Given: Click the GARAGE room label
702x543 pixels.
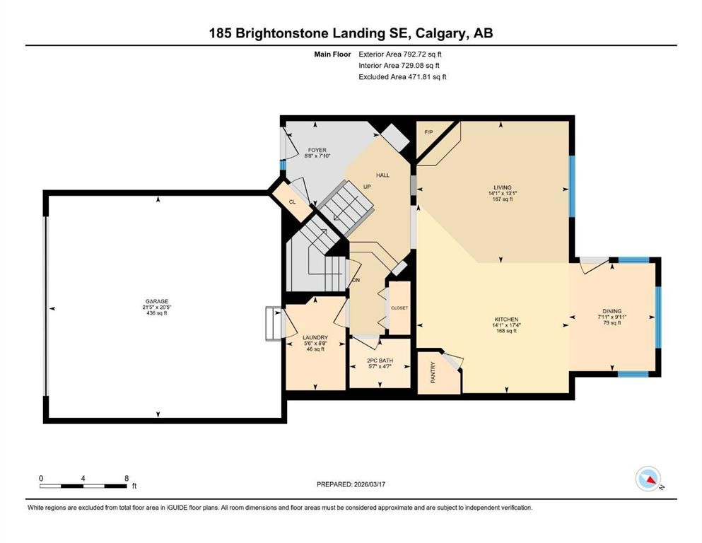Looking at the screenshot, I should [156, 301].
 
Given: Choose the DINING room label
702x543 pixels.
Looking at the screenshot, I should [612, 311].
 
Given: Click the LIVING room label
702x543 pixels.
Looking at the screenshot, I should [503, 187].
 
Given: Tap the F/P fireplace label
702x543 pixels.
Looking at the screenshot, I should [428, 132].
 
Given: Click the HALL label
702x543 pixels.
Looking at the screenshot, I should [382, 175].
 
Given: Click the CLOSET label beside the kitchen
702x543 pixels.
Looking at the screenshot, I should [399, 308].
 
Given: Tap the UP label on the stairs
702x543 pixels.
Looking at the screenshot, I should [367, 187].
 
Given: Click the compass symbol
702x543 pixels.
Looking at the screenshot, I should [648, 480].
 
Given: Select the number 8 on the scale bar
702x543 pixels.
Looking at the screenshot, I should [126, 478].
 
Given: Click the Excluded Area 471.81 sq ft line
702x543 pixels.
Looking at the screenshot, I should [402, 76].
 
